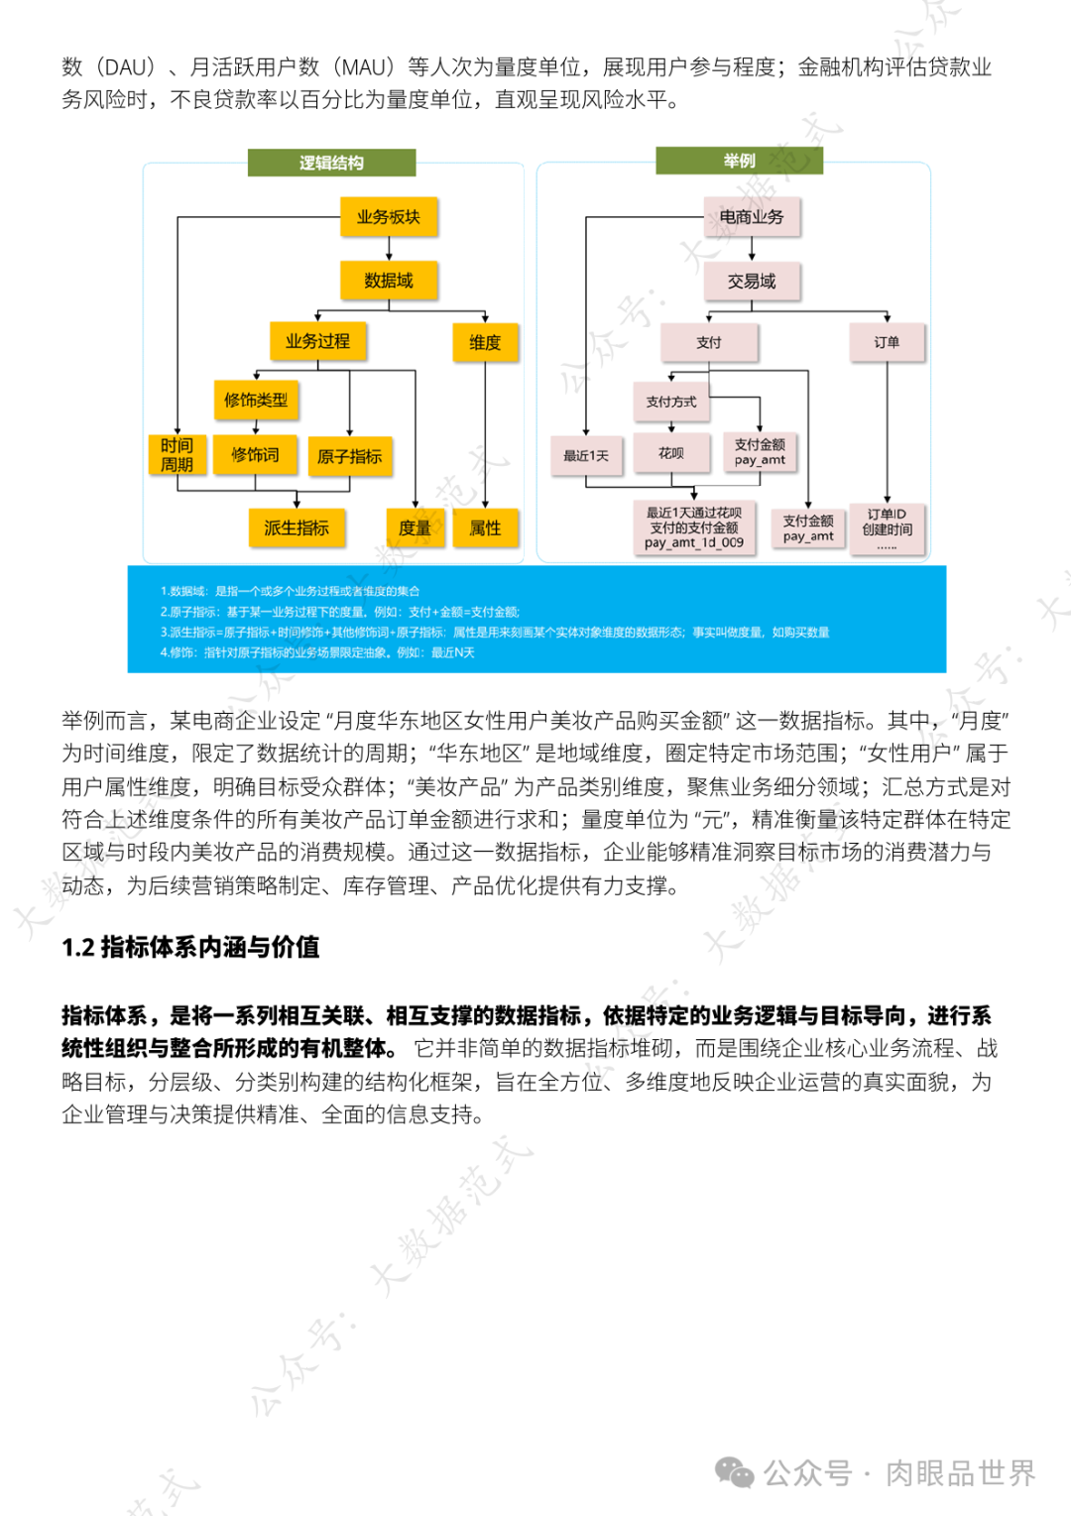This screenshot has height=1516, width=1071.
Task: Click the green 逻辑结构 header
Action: click(x=331, y=163)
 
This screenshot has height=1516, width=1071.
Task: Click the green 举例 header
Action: click(x=739, y=161)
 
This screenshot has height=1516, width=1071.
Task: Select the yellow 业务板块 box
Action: click(x=389, y=217)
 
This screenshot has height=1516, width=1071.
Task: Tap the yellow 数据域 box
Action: click(x=389, y=281)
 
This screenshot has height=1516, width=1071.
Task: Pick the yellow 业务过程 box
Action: click(x=317, y=341)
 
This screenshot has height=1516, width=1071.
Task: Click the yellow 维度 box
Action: click(x=485, y=342)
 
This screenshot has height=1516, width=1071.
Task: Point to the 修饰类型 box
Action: click(x=256, y=400)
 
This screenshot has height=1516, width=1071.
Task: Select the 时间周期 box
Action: click(x=177, y=455)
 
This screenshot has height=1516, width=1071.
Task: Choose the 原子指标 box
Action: click(x=349, y=456)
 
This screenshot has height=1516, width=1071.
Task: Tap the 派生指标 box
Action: click(x=297, y=527)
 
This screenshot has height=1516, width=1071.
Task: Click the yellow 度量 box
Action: click(x=415, y=527)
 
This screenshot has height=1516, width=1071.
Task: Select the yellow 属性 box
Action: click(x=485, y=527)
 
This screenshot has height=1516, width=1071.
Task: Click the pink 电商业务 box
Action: click(x=752, y=217)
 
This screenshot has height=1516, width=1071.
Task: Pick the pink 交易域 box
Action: click(x=752, y=282)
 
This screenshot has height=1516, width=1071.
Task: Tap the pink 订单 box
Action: click(x=887, y=342)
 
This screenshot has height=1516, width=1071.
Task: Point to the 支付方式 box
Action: click(x=671, y=402)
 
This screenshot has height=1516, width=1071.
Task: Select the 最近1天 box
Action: click(x=586, y=455)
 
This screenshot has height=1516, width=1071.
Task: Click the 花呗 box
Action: click(x=671, y=453)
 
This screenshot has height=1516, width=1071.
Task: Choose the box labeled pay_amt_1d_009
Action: click(x=694, y=527)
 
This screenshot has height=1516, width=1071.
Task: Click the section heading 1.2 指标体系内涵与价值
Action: click(x=190, y=948)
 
